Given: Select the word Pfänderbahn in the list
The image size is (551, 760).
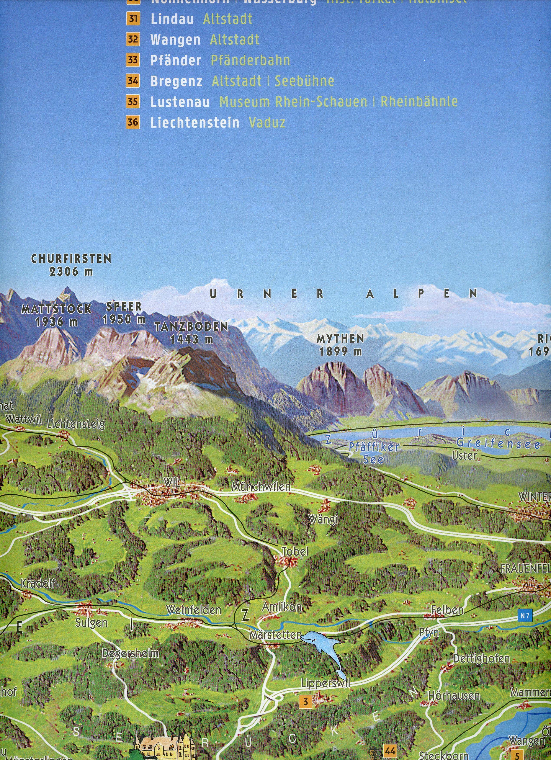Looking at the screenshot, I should pos(250,60).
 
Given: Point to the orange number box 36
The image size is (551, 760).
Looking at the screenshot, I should pos(133,122).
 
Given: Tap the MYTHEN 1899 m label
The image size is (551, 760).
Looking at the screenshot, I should pos(340,345).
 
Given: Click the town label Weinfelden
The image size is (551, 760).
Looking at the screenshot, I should pos(194,610).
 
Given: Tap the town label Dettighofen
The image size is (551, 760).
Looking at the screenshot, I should pos(481,659).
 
